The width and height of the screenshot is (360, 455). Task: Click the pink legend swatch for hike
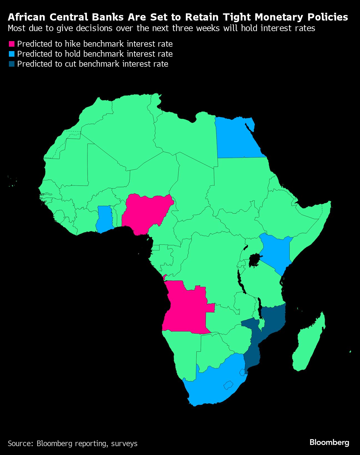coord(11,44)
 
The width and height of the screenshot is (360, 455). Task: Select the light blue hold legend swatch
coord(11,54)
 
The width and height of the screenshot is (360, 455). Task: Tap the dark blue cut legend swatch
coord(11,64)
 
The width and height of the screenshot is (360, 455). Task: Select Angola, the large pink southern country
coord(186,308)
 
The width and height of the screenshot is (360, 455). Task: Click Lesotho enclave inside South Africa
coord(228,385)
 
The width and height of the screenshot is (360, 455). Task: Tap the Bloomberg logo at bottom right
coord(329,442)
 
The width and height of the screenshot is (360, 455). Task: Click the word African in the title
coord(26,17)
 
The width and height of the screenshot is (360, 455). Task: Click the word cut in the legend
coord(71,64)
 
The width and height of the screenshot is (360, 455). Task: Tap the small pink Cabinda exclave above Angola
coord(164,277)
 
